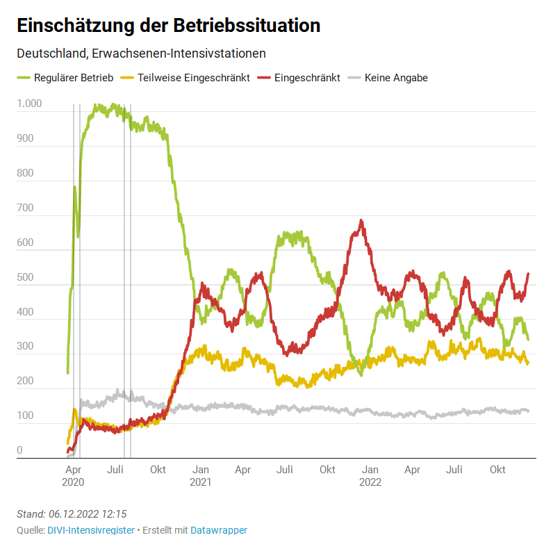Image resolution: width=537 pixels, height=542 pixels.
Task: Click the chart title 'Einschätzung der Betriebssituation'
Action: click(x=168, y=26)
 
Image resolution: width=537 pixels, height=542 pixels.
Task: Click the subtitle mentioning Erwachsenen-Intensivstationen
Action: click(x=141, y=54)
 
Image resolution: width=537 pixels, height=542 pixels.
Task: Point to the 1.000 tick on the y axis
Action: click(x=29, y=104)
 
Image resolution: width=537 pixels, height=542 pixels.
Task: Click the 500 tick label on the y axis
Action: click(x=25, y=277)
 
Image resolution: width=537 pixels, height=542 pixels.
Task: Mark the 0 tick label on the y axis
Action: click(x=19, y=451)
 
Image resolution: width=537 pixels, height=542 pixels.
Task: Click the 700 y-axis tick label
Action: click(x=25, y=208)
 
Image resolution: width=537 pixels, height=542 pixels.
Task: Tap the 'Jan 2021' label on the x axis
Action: click(x=200, y=475)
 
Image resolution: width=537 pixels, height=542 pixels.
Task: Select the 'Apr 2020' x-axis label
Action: click(x=73, y=475)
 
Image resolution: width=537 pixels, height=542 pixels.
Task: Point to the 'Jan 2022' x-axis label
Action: click(x=370, y=475)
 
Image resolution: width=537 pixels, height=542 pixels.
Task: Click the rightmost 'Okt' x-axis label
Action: click(x=497, y=470)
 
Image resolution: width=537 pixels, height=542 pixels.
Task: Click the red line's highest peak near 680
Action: click(x=361, y=221)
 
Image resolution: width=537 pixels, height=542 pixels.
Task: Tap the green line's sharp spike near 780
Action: click(x=74, y=187)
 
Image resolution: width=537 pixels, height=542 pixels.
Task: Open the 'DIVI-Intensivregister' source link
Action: click(x=91, y=530)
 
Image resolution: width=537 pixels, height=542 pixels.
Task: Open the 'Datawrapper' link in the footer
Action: click(x=219, y=530)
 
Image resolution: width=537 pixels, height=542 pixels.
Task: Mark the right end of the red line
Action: click(x=528, y=274)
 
